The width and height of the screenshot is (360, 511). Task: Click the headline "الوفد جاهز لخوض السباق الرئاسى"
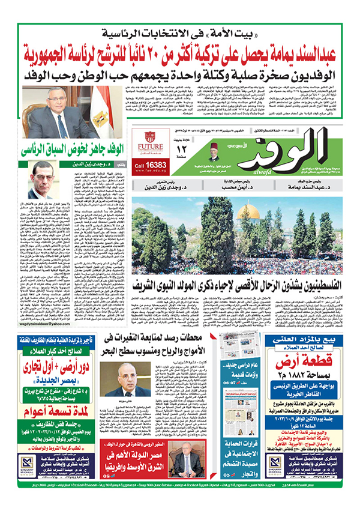tap(67, 147)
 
